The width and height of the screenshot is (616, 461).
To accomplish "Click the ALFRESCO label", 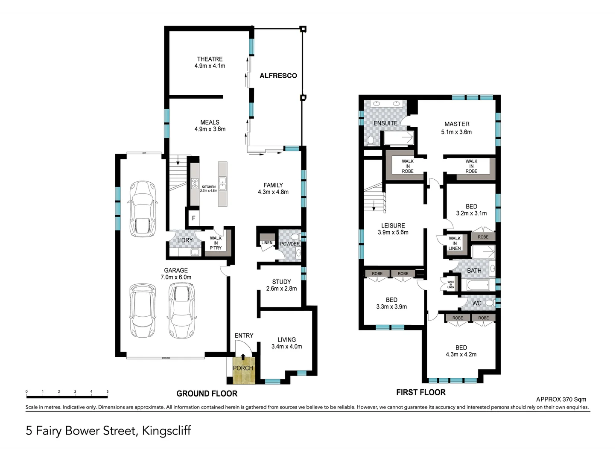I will click(278, 76).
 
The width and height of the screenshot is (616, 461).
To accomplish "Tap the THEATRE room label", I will click(210, 59).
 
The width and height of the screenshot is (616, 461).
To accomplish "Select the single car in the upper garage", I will click(143, 209).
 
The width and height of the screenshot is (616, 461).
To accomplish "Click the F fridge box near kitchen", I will click(193, 218).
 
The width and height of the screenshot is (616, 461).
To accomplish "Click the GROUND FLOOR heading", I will click(207, 394).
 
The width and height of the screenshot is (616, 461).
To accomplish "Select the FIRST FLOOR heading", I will click(420, 392).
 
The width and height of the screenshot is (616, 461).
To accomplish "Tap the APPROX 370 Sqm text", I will click(561, 400).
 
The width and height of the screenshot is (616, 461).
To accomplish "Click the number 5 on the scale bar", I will click(108, 391).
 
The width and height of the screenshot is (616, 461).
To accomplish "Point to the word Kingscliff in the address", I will click(166, 430).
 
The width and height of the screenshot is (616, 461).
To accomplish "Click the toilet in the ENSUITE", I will click(371, 140).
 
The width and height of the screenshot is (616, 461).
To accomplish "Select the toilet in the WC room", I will click(489, 303).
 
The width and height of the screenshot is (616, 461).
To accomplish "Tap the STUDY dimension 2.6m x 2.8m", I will click(281, 289).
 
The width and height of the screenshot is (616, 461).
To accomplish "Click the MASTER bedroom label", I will click(457, 124).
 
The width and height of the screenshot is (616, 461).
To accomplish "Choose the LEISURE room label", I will click(393, 225).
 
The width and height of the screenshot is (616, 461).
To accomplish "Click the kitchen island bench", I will click(222, 184).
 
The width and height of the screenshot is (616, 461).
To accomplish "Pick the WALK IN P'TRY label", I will click(216, 243).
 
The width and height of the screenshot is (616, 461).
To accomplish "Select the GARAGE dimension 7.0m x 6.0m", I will click(176, 277).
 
